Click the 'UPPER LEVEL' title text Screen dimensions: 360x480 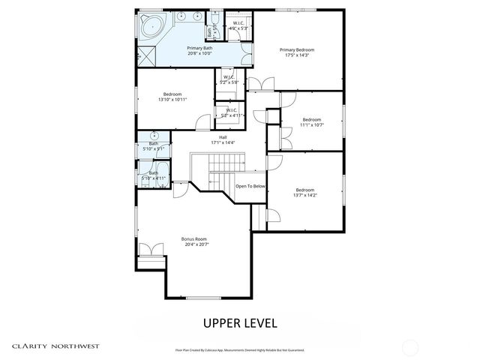[240, 324]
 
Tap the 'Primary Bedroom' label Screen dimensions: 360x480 [297, 50]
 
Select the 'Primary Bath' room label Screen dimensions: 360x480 [199, 49]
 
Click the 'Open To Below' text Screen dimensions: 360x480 [250, 186]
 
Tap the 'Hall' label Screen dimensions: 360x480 [223, 139]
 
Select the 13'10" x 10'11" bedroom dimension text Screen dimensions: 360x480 [172, 100]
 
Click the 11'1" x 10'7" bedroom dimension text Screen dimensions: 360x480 [312, 124]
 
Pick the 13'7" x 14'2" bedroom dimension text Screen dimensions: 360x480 [304, 195]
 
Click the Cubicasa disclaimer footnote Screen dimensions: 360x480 [240, 349]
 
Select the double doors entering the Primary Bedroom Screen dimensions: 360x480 [256, 83]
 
